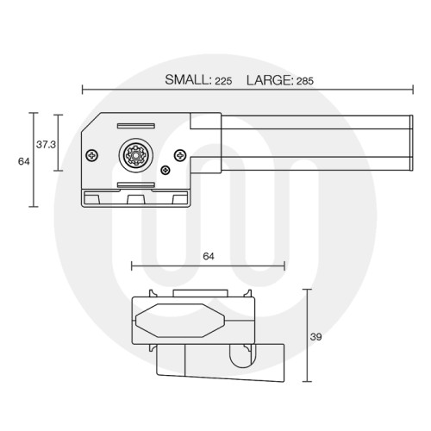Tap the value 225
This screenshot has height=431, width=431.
point(223,80)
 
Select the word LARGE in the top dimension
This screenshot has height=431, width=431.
point(269,79)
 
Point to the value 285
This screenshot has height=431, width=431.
point(305,80)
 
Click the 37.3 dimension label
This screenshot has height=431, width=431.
point(46,145)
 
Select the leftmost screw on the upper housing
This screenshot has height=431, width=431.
point(92,155)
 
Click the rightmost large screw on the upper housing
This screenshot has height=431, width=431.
point(178,155)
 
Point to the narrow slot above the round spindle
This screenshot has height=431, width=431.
point(135,128)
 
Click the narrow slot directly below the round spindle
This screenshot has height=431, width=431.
point(135,184)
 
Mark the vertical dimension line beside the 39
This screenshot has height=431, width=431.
point(307,336)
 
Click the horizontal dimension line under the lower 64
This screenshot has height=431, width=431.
point(207,266)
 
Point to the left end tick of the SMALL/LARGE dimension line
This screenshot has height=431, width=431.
point(82,89)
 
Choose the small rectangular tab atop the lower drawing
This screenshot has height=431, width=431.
point(200,293)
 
